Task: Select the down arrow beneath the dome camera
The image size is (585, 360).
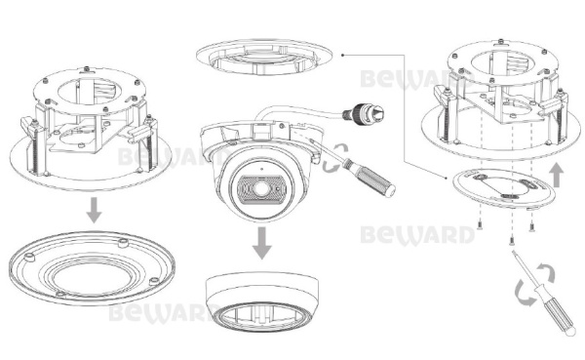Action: click(260, 241)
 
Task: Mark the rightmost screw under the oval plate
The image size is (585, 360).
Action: click(533, 225)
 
